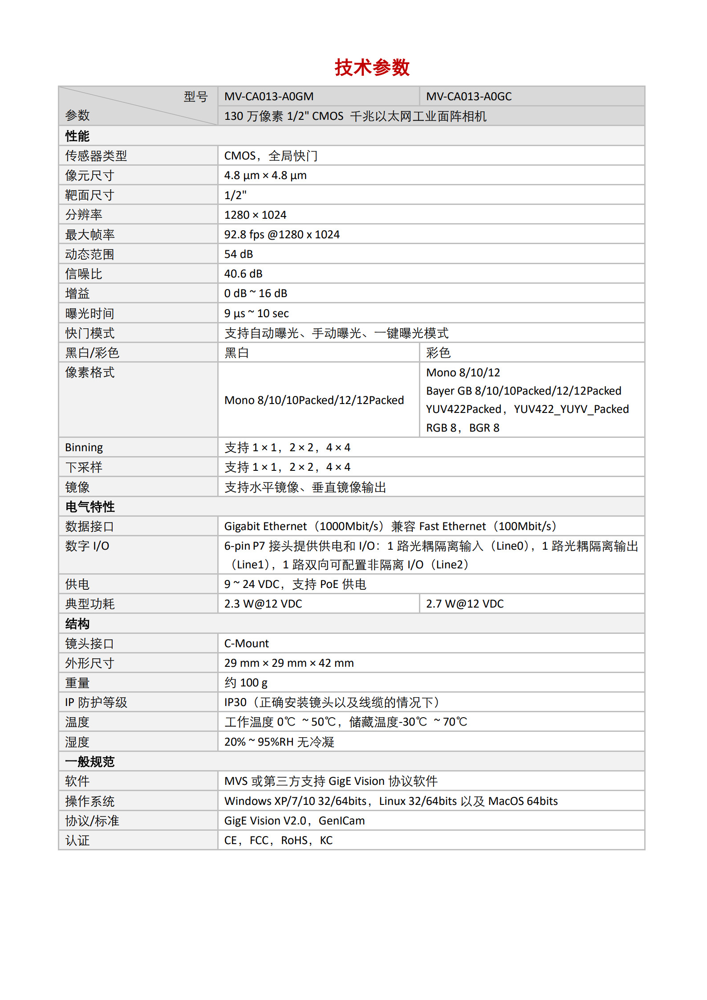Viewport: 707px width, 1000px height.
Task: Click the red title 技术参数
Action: (x=372, y=68)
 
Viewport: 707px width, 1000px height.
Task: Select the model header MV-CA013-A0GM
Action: (x=269, y=96)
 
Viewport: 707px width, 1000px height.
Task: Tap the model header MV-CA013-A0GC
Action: (x=469, y=96)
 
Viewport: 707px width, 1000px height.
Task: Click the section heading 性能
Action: (x=77, y=136)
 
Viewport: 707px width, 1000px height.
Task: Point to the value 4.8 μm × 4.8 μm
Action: (x=265, y=176)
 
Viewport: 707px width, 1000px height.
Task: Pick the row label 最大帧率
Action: (x=90, y=234)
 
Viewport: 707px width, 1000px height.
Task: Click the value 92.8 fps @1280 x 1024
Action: (x=282, y=234)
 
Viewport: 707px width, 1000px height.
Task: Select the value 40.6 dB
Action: (x=243, y=273)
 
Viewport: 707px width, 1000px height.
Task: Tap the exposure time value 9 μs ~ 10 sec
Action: (x=256, y=313)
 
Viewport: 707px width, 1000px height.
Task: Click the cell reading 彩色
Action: (x=438, y=353)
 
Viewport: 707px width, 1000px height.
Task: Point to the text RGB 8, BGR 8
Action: (x=463, y=428)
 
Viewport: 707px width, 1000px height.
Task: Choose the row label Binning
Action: (x=84, y=447)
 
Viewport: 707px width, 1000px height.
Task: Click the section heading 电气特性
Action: (x=90, y=506)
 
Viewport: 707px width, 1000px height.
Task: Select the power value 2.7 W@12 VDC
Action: (x=465, y=604)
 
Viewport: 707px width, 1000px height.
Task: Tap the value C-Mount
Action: (x=247, y=643)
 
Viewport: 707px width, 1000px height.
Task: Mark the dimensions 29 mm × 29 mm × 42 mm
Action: (x=289, y=663)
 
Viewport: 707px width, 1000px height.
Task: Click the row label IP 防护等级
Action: (x=96, y=702)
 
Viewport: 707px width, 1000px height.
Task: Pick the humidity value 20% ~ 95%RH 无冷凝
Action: (x=279, y=742)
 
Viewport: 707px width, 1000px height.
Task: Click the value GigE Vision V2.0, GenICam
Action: (x=294, y=820)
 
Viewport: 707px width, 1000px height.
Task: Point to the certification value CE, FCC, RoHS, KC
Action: (x=278, y=840)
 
